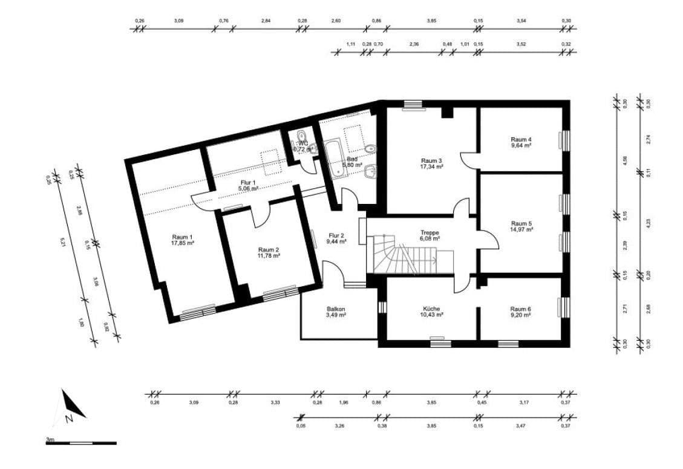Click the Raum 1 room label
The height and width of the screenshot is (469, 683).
click(x=182, y=237)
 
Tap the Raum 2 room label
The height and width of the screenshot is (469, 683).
click(x=268, y=249)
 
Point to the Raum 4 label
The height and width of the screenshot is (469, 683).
click(x=521, y=139)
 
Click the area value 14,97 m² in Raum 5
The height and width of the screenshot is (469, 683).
click(x=521, y=230)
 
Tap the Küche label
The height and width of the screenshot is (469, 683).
click(x=432, y=307)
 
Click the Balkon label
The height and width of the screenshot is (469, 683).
click(x=336, y=308)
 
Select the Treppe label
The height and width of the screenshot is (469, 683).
click(x=430, y=232)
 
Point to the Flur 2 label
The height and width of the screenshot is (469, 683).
click(x=336, y=235)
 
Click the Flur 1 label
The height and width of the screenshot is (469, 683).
click(x=246, y=182)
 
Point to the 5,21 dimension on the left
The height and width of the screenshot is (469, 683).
click(x=62, y=241)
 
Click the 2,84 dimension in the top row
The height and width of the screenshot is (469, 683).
click(x=266, y=21)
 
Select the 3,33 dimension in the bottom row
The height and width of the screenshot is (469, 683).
click(x=275, y=402)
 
